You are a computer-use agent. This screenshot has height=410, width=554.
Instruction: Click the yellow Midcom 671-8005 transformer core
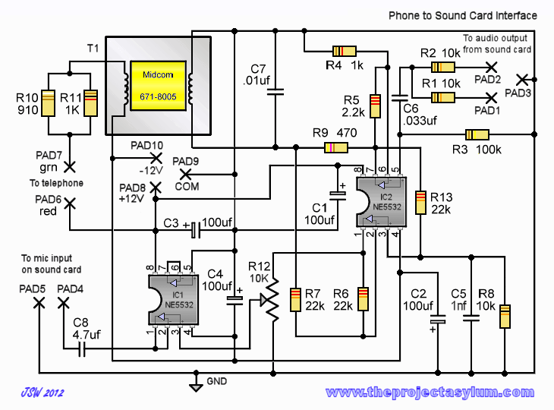click(x=158, y=86)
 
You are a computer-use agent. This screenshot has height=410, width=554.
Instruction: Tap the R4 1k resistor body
click(x=345, y=52)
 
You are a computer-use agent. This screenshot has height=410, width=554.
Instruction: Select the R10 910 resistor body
click(x=49, y=103)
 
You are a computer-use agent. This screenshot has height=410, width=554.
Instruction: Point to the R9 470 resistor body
click(x=336, y=147)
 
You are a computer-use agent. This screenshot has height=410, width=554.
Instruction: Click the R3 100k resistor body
click(x=477, y=134)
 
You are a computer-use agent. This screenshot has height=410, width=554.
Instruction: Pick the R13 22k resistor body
click(x=420, y=203)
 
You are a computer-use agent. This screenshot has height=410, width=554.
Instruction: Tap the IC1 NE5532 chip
click(x=174, y=300)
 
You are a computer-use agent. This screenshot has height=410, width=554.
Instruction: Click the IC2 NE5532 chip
click(x=382, y=202)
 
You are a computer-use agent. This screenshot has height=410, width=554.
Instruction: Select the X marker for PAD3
click(x=522, y=80)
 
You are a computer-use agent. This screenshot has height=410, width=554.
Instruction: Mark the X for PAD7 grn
click(x=70, y=166)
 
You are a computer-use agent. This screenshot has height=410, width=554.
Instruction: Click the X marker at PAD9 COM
click(x=185, y=175)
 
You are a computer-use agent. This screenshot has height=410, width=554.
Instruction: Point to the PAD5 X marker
click(x=39, y=303)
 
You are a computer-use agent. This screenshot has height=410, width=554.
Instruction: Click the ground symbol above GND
click(x=196, y=386)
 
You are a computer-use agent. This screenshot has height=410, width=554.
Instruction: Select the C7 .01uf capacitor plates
click(x=275, y=92)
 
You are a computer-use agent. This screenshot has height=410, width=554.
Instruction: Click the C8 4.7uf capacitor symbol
click(x=82, y=348)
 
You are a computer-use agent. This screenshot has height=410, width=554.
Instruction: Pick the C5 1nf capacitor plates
click(x=471, y=317)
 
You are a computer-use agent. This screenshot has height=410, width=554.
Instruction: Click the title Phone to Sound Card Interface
click(x=463, y=15)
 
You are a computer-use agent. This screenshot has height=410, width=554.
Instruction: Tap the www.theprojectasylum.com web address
click(x=430, y=393)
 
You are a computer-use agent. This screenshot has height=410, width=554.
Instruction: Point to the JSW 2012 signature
click(x=42, y=393)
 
